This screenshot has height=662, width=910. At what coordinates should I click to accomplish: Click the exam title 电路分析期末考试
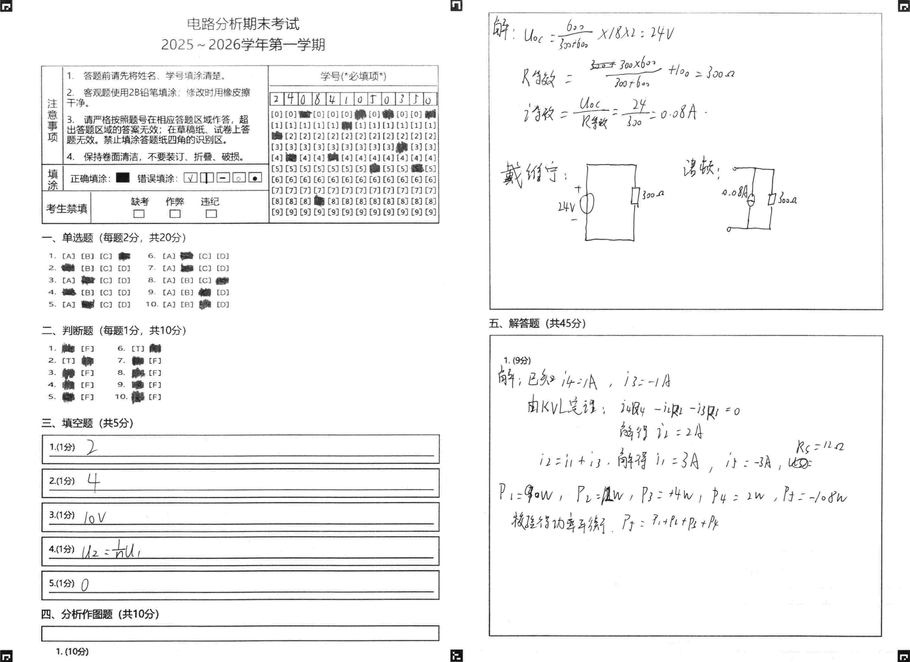pos(243,24)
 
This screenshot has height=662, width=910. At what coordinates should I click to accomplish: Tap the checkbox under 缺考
pos(139,214)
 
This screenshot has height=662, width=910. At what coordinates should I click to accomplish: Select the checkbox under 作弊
pos(175,214)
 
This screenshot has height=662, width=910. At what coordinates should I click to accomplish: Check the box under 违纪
pos(211,214)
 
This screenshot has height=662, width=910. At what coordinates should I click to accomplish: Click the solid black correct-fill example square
pos(123,178)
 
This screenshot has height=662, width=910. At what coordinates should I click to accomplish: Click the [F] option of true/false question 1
pos(87,349)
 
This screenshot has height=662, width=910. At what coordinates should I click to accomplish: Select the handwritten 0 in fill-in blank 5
pos(85,586)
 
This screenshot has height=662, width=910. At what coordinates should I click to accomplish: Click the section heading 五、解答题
pos(537,323)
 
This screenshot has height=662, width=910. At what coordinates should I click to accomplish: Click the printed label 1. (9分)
pos(517,360)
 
